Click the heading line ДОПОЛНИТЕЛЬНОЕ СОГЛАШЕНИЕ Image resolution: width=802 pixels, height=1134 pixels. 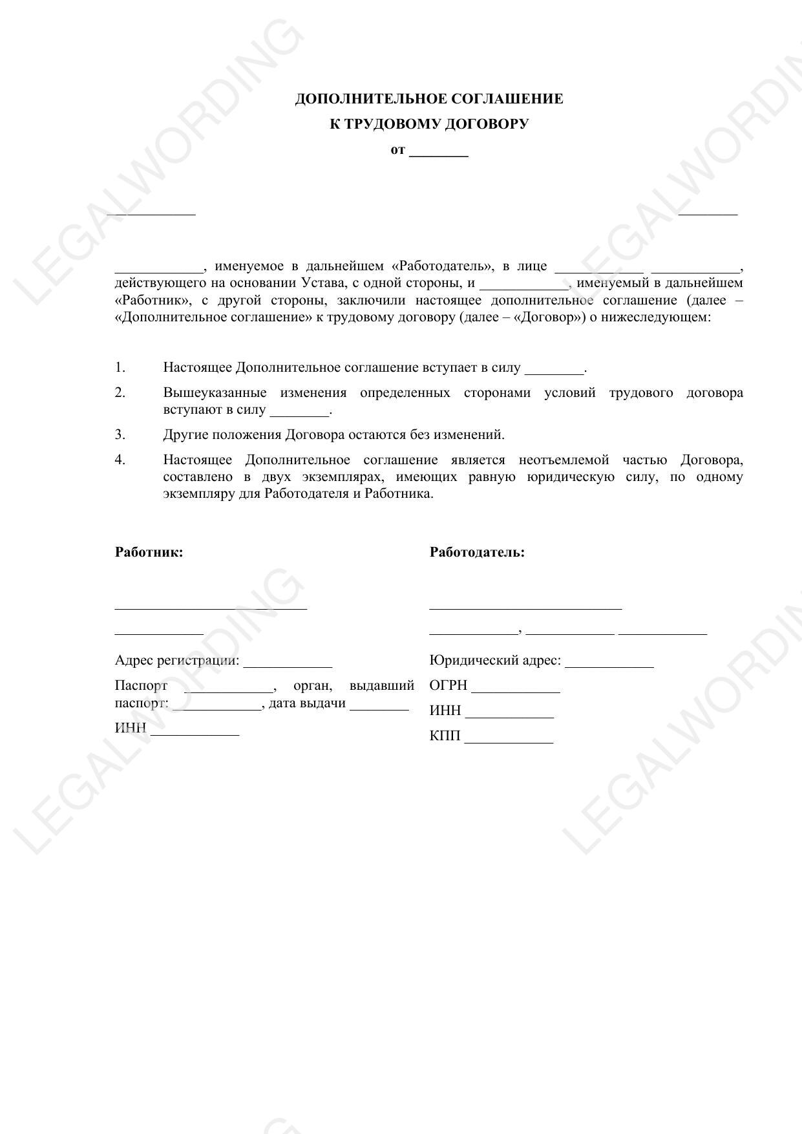point(429,99)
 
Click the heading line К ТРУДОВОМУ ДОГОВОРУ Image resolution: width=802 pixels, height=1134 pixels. point(429,123)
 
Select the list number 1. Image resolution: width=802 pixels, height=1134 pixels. point(120,367)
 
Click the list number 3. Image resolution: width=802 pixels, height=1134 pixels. point(120,434)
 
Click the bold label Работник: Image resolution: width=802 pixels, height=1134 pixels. point(149,552)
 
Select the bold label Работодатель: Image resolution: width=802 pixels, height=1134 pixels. point(477,552)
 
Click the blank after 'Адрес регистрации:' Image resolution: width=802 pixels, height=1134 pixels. point(288,663)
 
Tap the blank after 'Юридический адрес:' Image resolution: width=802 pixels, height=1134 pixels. point(609,663)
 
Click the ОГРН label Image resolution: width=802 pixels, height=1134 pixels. point(448,685)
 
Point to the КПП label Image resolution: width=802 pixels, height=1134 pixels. point(445,736)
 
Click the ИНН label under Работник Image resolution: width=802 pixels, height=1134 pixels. point(131,728)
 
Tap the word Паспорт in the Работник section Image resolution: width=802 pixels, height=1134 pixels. point(141,685)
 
